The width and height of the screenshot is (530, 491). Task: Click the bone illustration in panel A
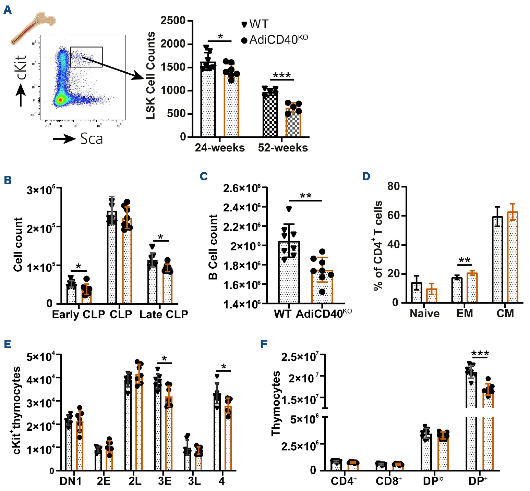point(33,27)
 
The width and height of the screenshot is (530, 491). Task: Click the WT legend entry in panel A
point(255,24)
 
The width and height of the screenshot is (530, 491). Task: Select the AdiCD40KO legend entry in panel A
point(274,40)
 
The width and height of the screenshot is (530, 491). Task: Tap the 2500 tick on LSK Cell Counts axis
point(173,21)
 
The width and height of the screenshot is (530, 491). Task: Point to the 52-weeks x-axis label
point(283,148)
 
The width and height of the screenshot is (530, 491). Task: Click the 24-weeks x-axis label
point(220,148)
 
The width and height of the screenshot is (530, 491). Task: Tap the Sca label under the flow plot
point(91,139)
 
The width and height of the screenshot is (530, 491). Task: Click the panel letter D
point(366,176)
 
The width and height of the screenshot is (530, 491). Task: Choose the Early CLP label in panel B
point(78,314)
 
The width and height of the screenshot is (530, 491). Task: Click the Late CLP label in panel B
point(164,314)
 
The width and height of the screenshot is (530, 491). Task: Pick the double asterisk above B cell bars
point(305,196)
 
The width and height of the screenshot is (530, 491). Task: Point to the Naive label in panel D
point(424,314)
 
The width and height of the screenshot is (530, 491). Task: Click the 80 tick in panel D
point(393,186)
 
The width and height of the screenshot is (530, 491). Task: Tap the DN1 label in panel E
point(71,481)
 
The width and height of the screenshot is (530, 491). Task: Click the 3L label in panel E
point(194,481)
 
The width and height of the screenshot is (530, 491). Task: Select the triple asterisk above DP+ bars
point(480,353)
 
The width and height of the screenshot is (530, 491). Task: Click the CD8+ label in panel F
point(388,481)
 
